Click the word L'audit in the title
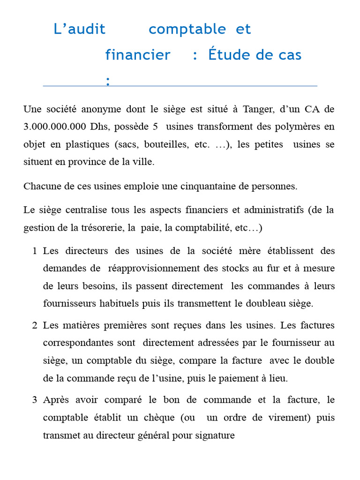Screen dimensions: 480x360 (x=80, y=29)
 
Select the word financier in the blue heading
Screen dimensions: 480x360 (x=137, y=55)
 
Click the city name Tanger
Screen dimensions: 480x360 (x=256, y=109)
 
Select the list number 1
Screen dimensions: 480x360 (x=35, y=251)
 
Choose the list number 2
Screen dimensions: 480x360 (x=35, y=325)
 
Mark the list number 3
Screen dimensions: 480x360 (x=35, y=400)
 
